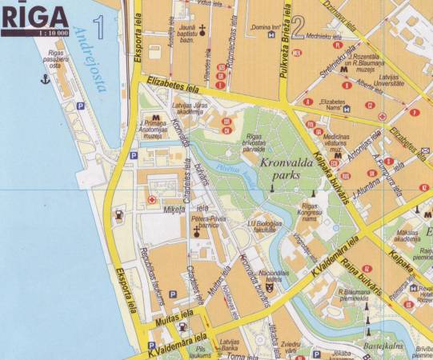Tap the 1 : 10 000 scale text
(30, 32)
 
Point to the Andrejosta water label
(89, 60)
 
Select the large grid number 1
(98, 27)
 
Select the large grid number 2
(297, 27)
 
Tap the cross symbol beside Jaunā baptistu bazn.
(202, 30)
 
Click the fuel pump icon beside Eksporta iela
(119, 214)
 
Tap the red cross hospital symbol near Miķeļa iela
(151, 199)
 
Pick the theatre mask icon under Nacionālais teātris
(269, 287)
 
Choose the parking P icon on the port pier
(79, 106)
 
